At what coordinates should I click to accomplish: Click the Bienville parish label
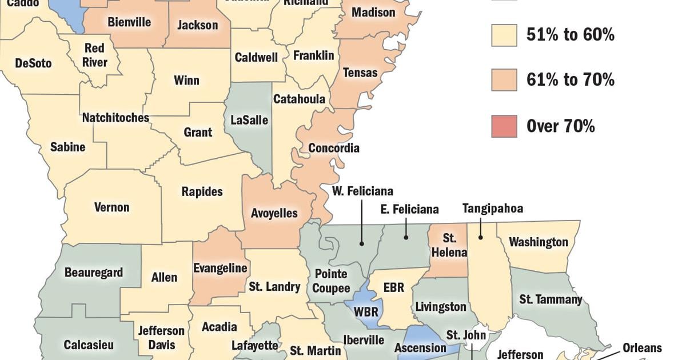[129, 22]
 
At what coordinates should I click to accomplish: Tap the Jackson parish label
[197, 25]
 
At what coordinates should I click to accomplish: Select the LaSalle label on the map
[249, 121]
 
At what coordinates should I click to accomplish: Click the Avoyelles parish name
[274, 213]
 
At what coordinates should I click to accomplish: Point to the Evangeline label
[220, 268]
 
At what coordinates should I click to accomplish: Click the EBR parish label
[393, 287]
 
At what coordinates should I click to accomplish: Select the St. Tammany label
[551, 299]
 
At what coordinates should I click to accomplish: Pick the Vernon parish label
[111, 207]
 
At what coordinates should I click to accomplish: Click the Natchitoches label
[115, 118]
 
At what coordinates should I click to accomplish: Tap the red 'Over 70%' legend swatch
[504, 126]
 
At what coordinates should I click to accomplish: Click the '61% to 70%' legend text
[570, 80]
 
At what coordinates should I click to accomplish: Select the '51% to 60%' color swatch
[504, 35]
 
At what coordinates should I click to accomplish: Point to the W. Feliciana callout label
[362, 191]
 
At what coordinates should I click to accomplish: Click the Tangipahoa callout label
[492, 209]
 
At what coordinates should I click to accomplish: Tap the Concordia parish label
[334, 148]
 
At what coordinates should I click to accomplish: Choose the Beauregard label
[94, 273]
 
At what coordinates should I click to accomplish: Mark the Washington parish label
[539, 242]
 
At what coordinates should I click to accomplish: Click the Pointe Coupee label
[331, 281]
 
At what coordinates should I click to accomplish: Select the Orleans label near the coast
[642, 347]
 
